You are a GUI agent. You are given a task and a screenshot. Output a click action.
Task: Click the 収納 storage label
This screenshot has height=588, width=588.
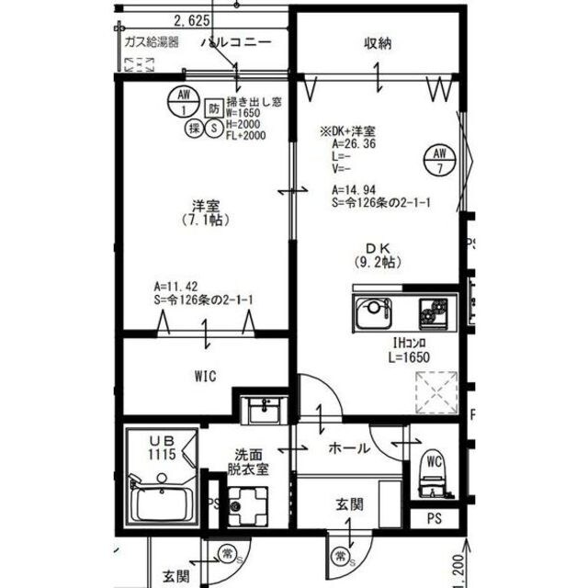click(x=378, y=43)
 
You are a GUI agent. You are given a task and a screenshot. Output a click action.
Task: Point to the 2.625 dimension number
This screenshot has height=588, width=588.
click(x=192, y=19)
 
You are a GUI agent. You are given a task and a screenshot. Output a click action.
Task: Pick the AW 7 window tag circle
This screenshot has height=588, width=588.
click(x=439, y=160)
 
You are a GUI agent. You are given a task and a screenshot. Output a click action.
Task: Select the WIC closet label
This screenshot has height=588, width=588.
click(x=205, y=375)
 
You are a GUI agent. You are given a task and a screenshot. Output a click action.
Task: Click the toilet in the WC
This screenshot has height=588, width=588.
click(x=433, y=469)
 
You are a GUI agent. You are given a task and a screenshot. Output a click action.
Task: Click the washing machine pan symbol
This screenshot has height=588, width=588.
click(x=247, y=505)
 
